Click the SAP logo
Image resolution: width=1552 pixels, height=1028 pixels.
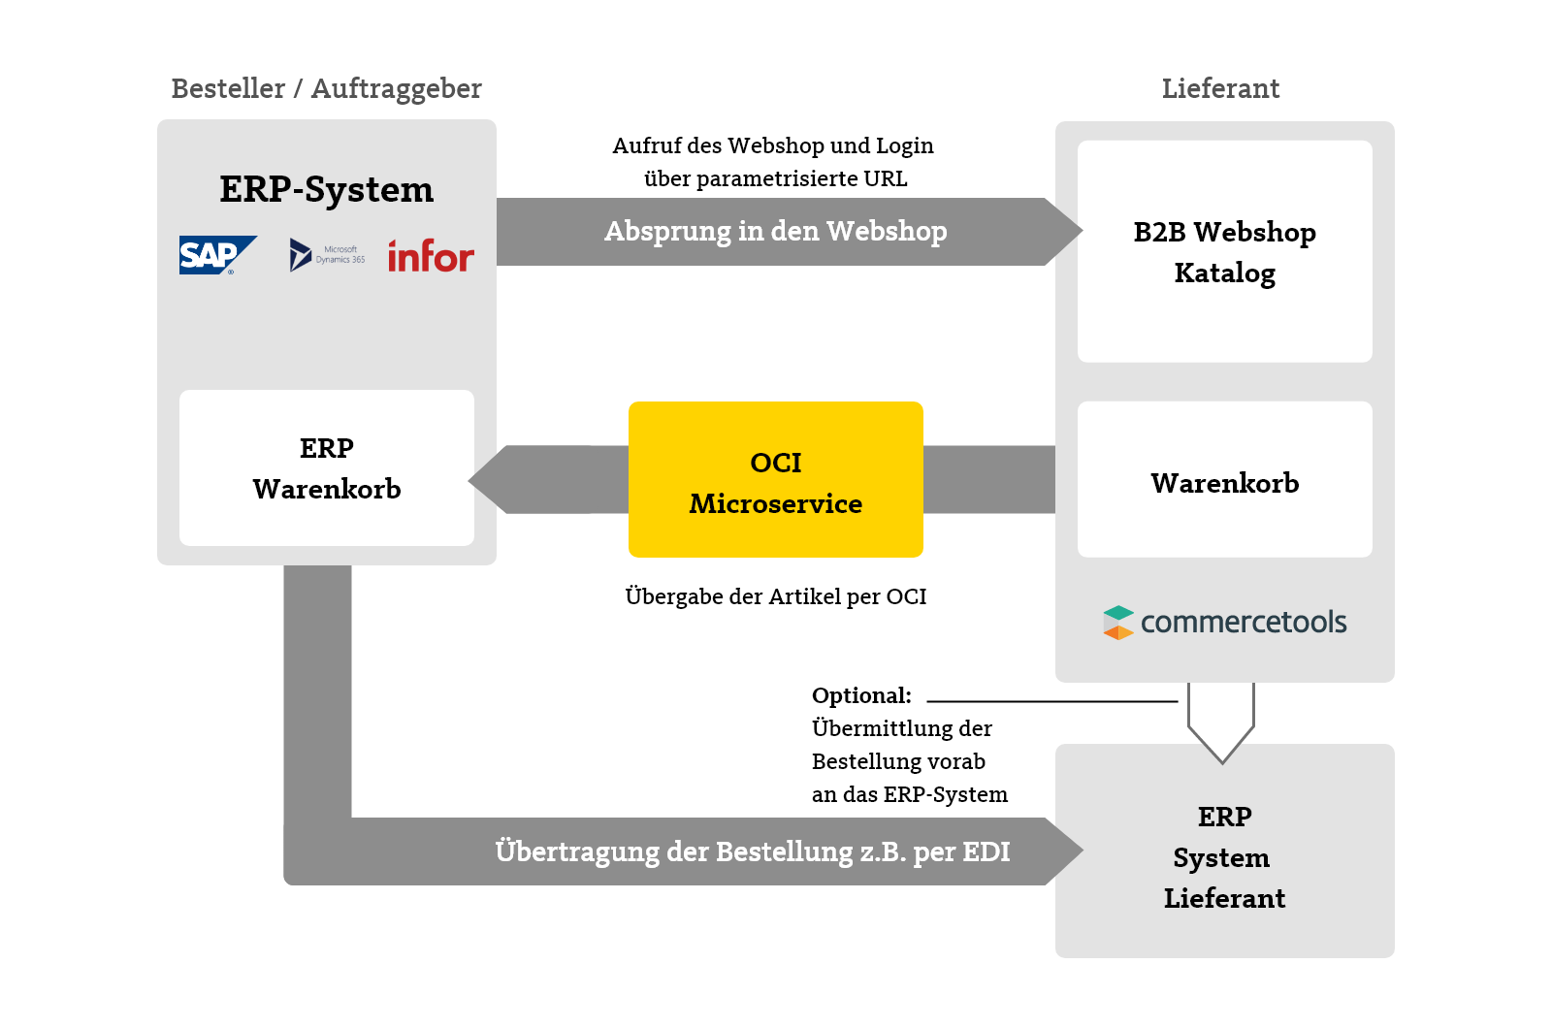(x=216, y=255)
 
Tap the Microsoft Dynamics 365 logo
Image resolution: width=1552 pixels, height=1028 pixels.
(x=327, y=255)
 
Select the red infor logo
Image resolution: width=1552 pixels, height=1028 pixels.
(x=431, y=256)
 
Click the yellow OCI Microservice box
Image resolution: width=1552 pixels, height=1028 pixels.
(x=775, y=480)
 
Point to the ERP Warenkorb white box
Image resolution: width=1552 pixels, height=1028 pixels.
(x=326, y=468)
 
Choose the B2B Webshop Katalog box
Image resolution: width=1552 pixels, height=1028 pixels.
(x=1224, y=252)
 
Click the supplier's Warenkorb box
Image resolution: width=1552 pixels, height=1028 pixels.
(x=1224, y=481)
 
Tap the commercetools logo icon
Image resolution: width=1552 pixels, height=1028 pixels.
(x=1118, y=623)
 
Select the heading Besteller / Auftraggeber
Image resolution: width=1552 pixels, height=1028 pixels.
(x=326, y=88)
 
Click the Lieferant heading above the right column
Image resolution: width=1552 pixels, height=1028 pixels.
(x=1220, y=88)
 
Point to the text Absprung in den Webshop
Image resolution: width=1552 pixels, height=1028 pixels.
(x=775, y=232)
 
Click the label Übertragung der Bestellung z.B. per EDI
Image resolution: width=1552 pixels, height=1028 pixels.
(x=752, y=851)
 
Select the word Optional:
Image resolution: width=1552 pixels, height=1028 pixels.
(x=861, y=695)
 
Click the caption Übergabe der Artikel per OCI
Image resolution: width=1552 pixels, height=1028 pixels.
(x=775, y=596)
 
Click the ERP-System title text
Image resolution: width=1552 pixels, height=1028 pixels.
(x=326, y=189)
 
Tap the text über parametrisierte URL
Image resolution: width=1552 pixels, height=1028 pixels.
(x=775, y=178)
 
